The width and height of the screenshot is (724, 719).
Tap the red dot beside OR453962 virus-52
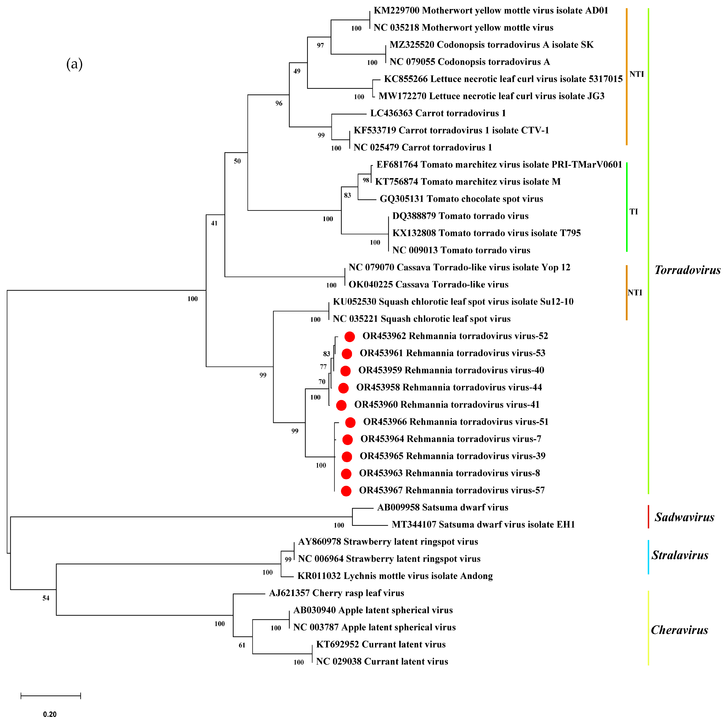349,337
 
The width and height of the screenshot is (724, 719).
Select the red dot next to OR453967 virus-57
346,491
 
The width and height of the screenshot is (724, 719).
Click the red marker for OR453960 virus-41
341,405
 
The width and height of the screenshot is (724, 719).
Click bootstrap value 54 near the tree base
46,598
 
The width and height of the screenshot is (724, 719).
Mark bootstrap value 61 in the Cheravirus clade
242,645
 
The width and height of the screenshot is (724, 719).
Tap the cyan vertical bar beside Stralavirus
648,557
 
